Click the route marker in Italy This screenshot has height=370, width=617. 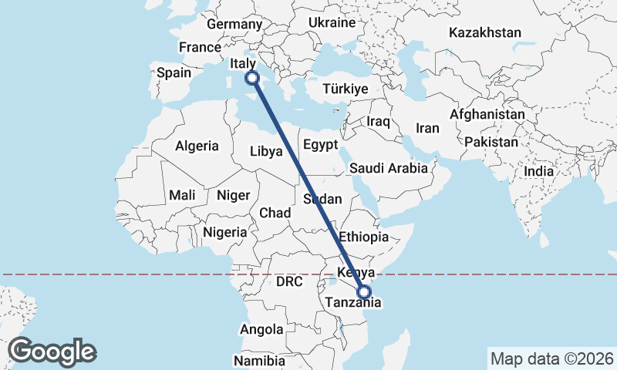click(251, 77)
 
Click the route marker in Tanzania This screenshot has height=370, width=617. click(364, 291)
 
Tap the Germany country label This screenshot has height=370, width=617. click(235, 25)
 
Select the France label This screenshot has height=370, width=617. click(201, 47)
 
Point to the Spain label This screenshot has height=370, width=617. click(174, 73)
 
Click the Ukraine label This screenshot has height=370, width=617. click(332, 23)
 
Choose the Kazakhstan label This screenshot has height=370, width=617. click(485, 33)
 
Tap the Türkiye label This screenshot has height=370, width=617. click(345, 89)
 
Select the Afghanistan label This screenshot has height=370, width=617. click(487, 114)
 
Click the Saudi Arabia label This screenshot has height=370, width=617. click(389, 168)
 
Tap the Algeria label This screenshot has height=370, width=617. click(197, 146)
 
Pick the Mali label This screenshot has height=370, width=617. click(183, 195)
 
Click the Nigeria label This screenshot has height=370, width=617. click(225, 231)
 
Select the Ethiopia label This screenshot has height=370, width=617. click(364, 237)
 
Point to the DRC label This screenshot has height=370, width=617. click(290, 282)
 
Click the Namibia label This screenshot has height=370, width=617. click(259, 360)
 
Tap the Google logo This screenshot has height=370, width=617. click(52, 351)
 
